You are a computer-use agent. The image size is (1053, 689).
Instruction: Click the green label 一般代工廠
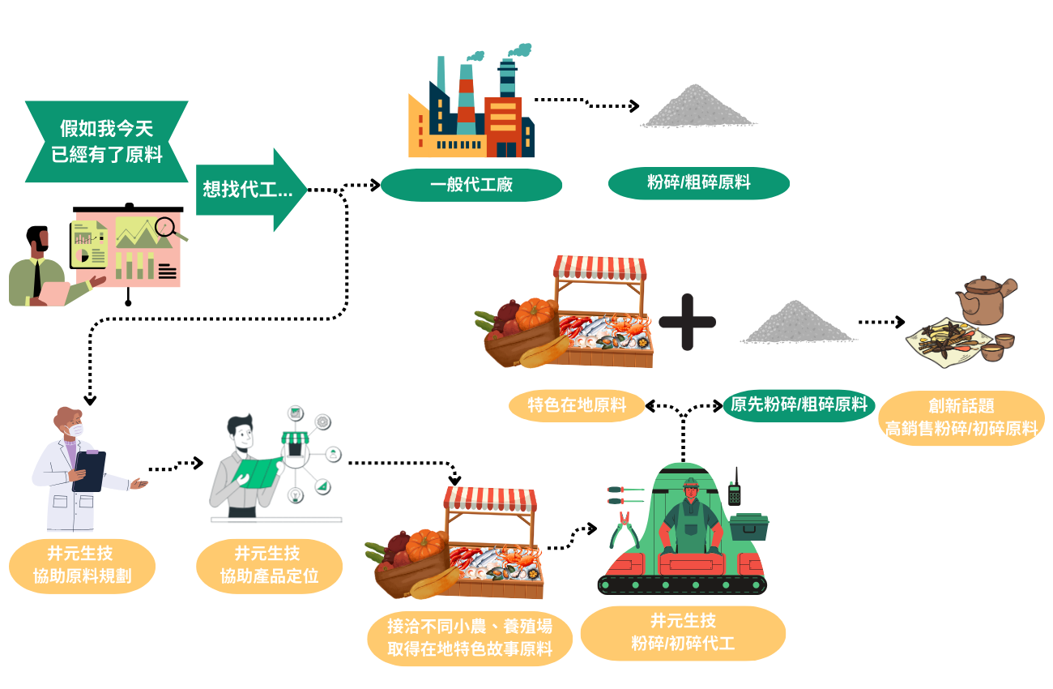click(x=471, y=185)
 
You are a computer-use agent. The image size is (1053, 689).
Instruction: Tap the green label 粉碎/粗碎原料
click(x=698, y=183)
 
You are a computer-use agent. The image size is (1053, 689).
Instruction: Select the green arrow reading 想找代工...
click(x=251, y=190)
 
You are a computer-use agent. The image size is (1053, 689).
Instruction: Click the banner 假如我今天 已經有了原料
click(x=107, y=142)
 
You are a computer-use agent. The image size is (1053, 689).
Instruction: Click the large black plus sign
click(x=687, y=322)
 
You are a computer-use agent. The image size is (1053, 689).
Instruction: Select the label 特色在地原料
click(x=577, y=405)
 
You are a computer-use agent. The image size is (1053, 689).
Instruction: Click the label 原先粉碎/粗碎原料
click(x=799, y=405)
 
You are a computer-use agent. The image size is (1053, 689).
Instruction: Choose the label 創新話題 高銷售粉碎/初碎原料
click(x=961, y=417)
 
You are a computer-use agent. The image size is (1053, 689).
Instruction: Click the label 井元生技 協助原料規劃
click(x=83, y=566)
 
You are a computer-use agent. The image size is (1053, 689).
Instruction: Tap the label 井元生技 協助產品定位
click(x=270, y=566)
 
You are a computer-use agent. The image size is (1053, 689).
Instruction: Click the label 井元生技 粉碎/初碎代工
click(x=683, y=632)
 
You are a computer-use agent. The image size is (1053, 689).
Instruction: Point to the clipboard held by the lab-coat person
click(x=89, y=471)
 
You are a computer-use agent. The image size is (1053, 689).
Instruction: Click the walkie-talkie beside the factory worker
click(x=735, y=487)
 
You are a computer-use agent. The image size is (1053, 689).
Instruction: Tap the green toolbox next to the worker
click(x=749, y=527)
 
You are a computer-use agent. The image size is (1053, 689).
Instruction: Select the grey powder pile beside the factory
click(x=698, y=106)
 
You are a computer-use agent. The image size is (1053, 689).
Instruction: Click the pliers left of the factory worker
click(x=625, y=530)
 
